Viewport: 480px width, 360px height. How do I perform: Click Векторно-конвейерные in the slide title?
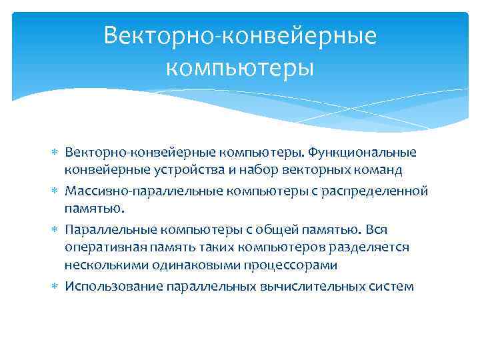click(240, 35)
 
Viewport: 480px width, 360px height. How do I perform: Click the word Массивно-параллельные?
click(133, 192)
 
